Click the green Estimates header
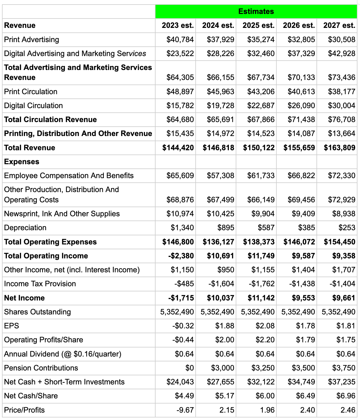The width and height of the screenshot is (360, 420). (256, 11)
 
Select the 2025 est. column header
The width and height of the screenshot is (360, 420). (258, 25)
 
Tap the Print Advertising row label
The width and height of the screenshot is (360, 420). (32, 40)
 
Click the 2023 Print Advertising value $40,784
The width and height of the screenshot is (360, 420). (180, 40)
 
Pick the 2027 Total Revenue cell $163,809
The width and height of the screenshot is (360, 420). (340, 148)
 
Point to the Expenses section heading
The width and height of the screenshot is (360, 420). (22, 162)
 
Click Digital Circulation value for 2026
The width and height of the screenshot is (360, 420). (301, 106)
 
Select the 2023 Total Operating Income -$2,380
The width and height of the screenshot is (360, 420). (181, 256)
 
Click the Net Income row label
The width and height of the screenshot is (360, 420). (24, 298)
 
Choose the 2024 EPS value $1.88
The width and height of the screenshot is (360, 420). (225, 326)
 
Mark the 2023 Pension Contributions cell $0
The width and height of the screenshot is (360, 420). (189, 368)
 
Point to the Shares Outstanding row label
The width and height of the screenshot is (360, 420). (37, 312)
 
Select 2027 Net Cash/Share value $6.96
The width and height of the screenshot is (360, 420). (346, 396)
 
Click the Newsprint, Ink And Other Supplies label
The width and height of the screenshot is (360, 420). (62, 214)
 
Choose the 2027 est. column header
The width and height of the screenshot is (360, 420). (339, 25)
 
